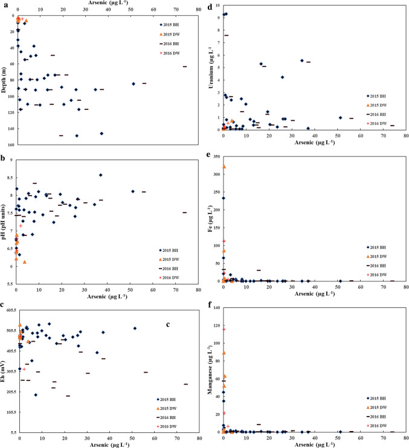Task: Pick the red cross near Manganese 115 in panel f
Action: click(x=224, y=329)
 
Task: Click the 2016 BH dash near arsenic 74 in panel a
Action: click(x=185, y=66)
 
